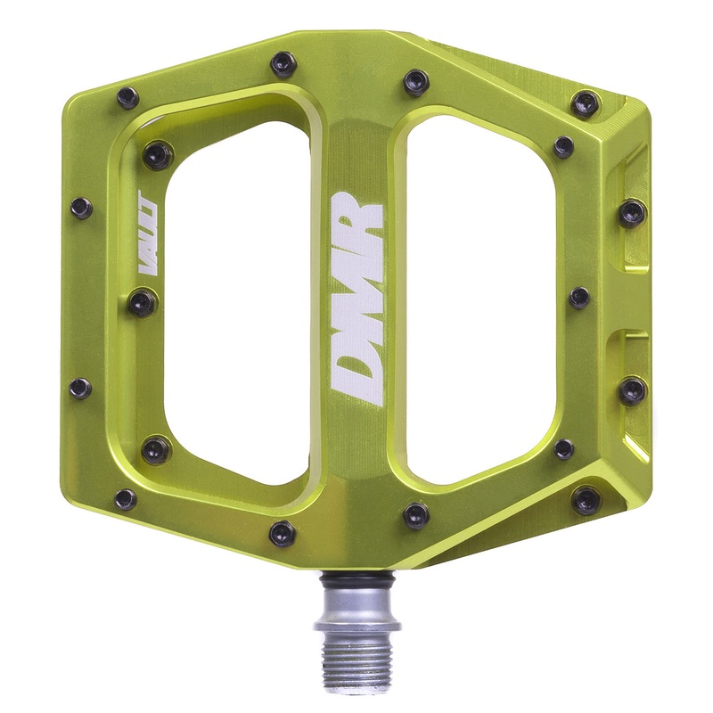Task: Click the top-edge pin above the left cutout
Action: tap(283, 62)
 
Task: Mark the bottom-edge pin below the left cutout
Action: tap(283, 533)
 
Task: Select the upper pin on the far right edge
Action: tap(632, 212)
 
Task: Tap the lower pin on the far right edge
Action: tap(632, 389)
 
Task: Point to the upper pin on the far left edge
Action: tap(81, 208)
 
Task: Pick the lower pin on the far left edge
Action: tap(81, 388)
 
